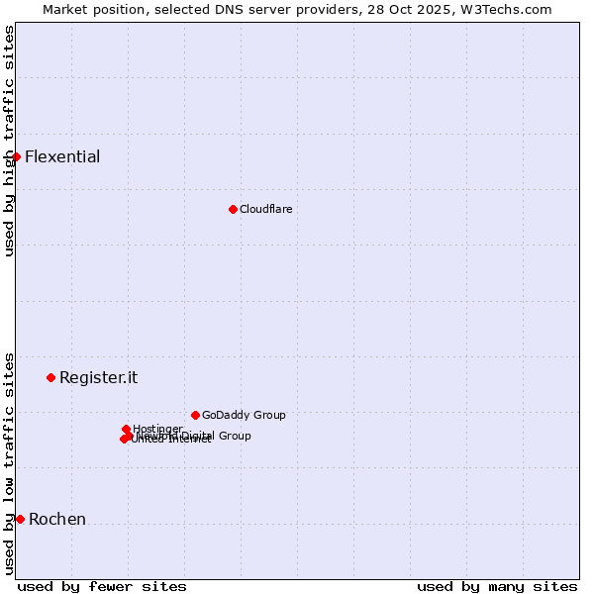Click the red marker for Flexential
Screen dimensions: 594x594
point(16,156)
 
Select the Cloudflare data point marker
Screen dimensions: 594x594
point(233,209)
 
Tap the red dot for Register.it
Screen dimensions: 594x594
point(50,377)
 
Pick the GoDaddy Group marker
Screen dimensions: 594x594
point(195,415)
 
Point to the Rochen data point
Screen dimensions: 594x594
point(20,519)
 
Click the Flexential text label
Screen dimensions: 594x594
point(62,156)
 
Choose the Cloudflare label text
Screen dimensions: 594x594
point(265,209)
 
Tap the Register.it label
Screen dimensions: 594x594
point(98,377)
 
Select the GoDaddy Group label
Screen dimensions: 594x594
point(244,415)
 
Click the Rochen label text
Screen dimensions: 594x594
point(57,519)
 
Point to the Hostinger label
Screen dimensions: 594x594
point(157,429)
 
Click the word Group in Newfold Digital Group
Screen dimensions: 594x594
point(235,436)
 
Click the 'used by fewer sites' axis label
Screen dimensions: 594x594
point(102,586)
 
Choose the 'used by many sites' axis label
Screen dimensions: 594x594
point(497,586)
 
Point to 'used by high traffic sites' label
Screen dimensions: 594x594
point(9,141)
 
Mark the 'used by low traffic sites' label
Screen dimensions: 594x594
point(9,463)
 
